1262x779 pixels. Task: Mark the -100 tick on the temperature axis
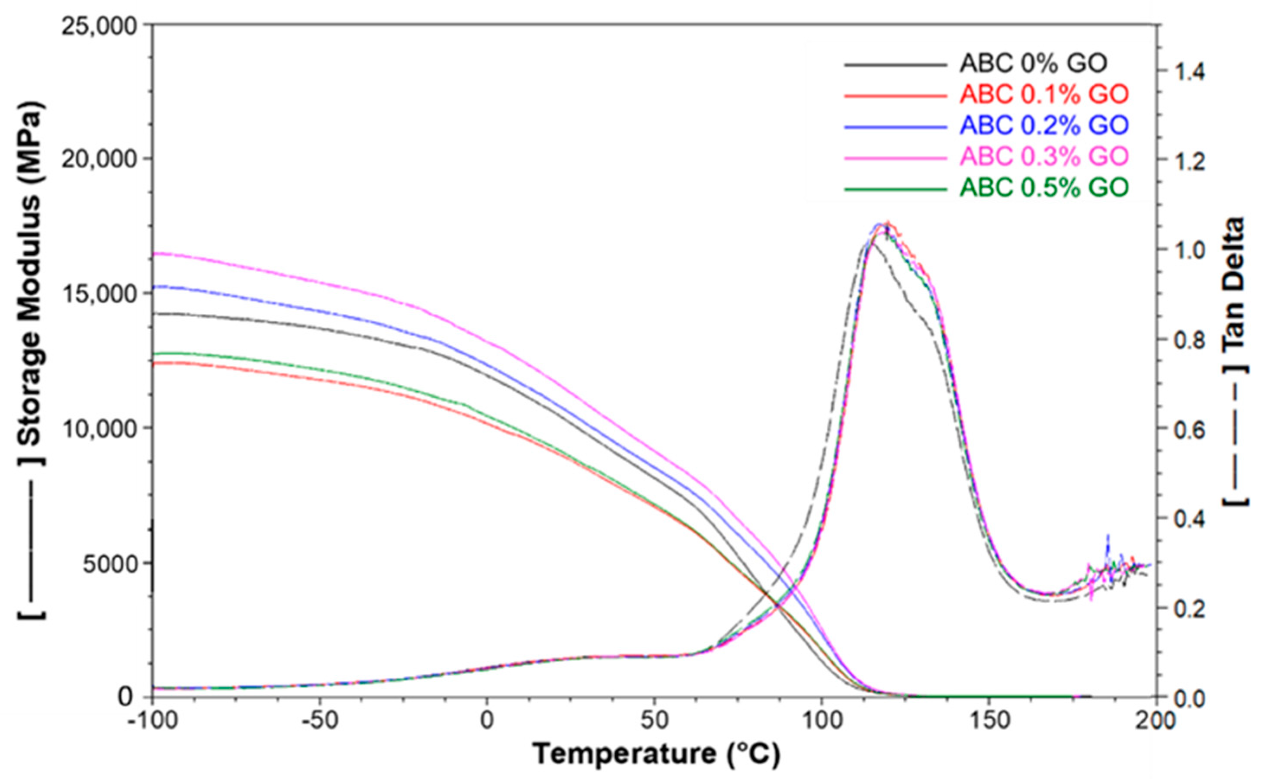click(x=152, y=720)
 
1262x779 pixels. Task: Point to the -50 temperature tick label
click(x=319, y=720)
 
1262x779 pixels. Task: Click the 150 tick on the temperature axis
click(x=988, y=720)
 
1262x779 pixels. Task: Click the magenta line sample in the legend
click(x=896, y=158)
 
